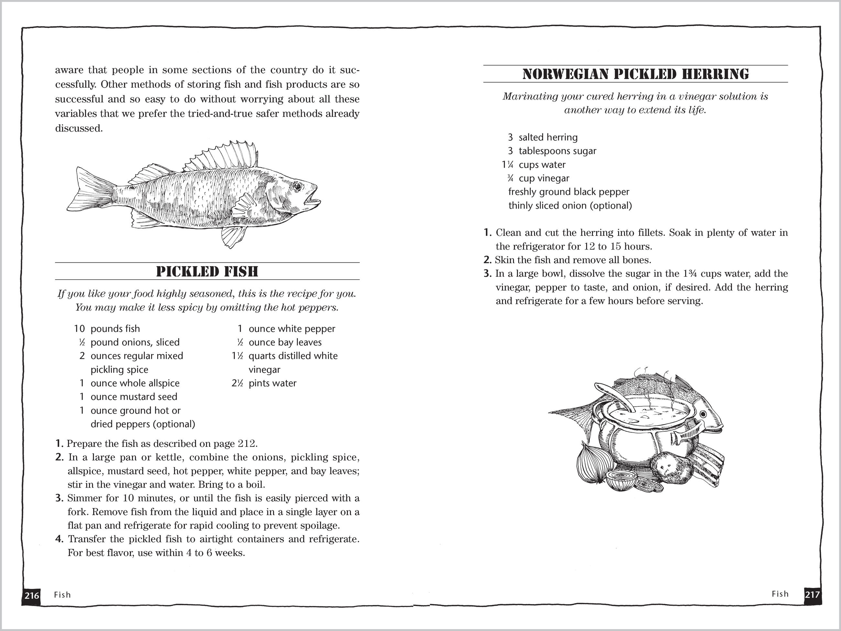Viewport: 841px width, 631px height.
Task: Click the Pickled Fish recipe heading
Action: [x=207, y=271]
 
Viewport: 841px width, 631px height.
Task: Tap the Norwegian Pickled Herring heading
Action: [x=635, y=74]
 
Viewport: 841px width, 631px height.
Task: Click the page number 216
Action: [x=32, y=595]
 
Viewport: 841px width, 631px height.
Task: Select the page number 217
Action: [x=812, y=594]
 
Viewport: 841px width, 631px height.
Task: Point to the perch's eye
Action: [x=297, y=186]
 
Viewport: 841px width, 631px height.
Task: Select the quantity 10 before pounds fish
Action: [x=80, y=329]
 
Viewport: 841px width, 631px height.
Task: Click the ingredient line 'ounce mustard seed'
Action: [x=134, y=397]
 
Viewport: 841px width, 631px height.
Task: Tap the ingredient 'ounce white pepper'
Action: [x=292, y=329]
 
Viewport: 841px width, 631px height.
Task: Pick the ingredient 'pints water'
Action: [x=272, y=383]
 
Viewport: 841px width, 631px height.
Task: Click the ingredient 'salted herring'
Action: [x=548, y=137]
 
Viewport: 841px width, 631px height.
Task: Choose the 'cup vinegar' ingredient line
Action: [x=544, y=178]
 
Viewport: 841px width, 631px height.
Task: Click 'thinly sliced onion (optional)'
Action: [x=570, y=206]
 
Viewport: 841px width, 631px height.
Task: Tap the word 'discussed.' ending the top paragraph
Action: [x=79, y=128]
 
